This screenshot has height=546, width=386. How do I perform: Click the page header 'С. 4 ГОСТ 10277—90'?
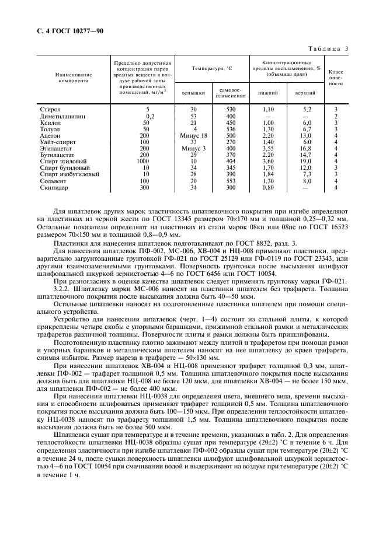70,31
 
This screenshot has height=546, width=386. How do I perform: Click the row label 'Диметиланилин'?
62,116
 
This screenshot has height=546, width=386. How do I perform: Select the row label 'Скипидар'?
54,187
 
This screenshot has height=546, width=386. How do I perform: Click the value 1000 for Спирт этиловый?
143,161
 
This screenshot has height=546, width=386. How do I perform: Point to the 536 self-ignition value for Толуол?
231,129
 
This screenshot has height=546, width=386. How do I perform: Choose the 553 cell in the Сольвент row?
231,180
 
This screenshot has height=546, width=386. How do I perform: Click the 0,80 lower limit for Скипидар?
269,187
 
